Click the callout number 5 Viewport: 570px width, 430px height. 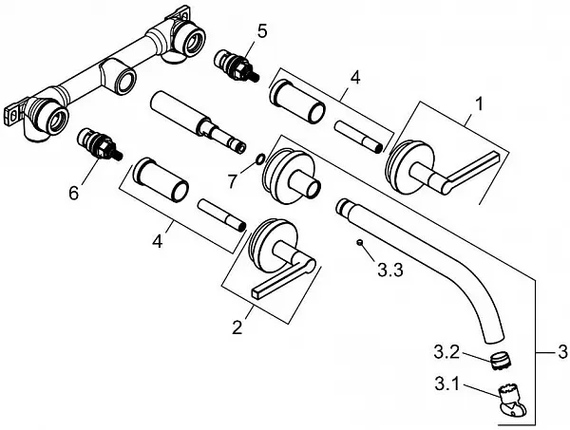coord(262,31)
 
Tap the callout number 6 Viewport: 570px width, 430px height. coord(74,194)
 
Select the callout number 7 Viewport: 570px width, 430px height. coord(233,180)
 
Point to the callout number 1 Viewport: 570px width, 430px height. coord(480,103)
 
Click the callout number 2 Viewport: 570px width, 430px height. coord(237,327)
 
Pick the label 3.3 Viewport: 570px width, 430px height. coord(390,270)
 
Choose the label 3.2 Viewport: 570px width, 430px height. coord(446,352)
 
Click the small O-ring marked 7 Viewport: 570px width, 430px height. coord(261,159)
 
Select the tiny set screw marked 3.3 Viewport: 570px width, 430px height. coord(359,243)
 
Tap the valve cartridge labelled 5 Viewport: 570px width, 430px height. coord(237,65)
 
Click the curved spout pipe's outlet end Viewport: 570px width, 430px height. coord(494,337)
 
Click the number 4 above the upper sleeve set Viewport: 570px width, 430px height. coord(355,78)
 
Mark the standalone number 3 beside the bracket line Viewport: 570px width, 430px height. coord(562,351)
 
